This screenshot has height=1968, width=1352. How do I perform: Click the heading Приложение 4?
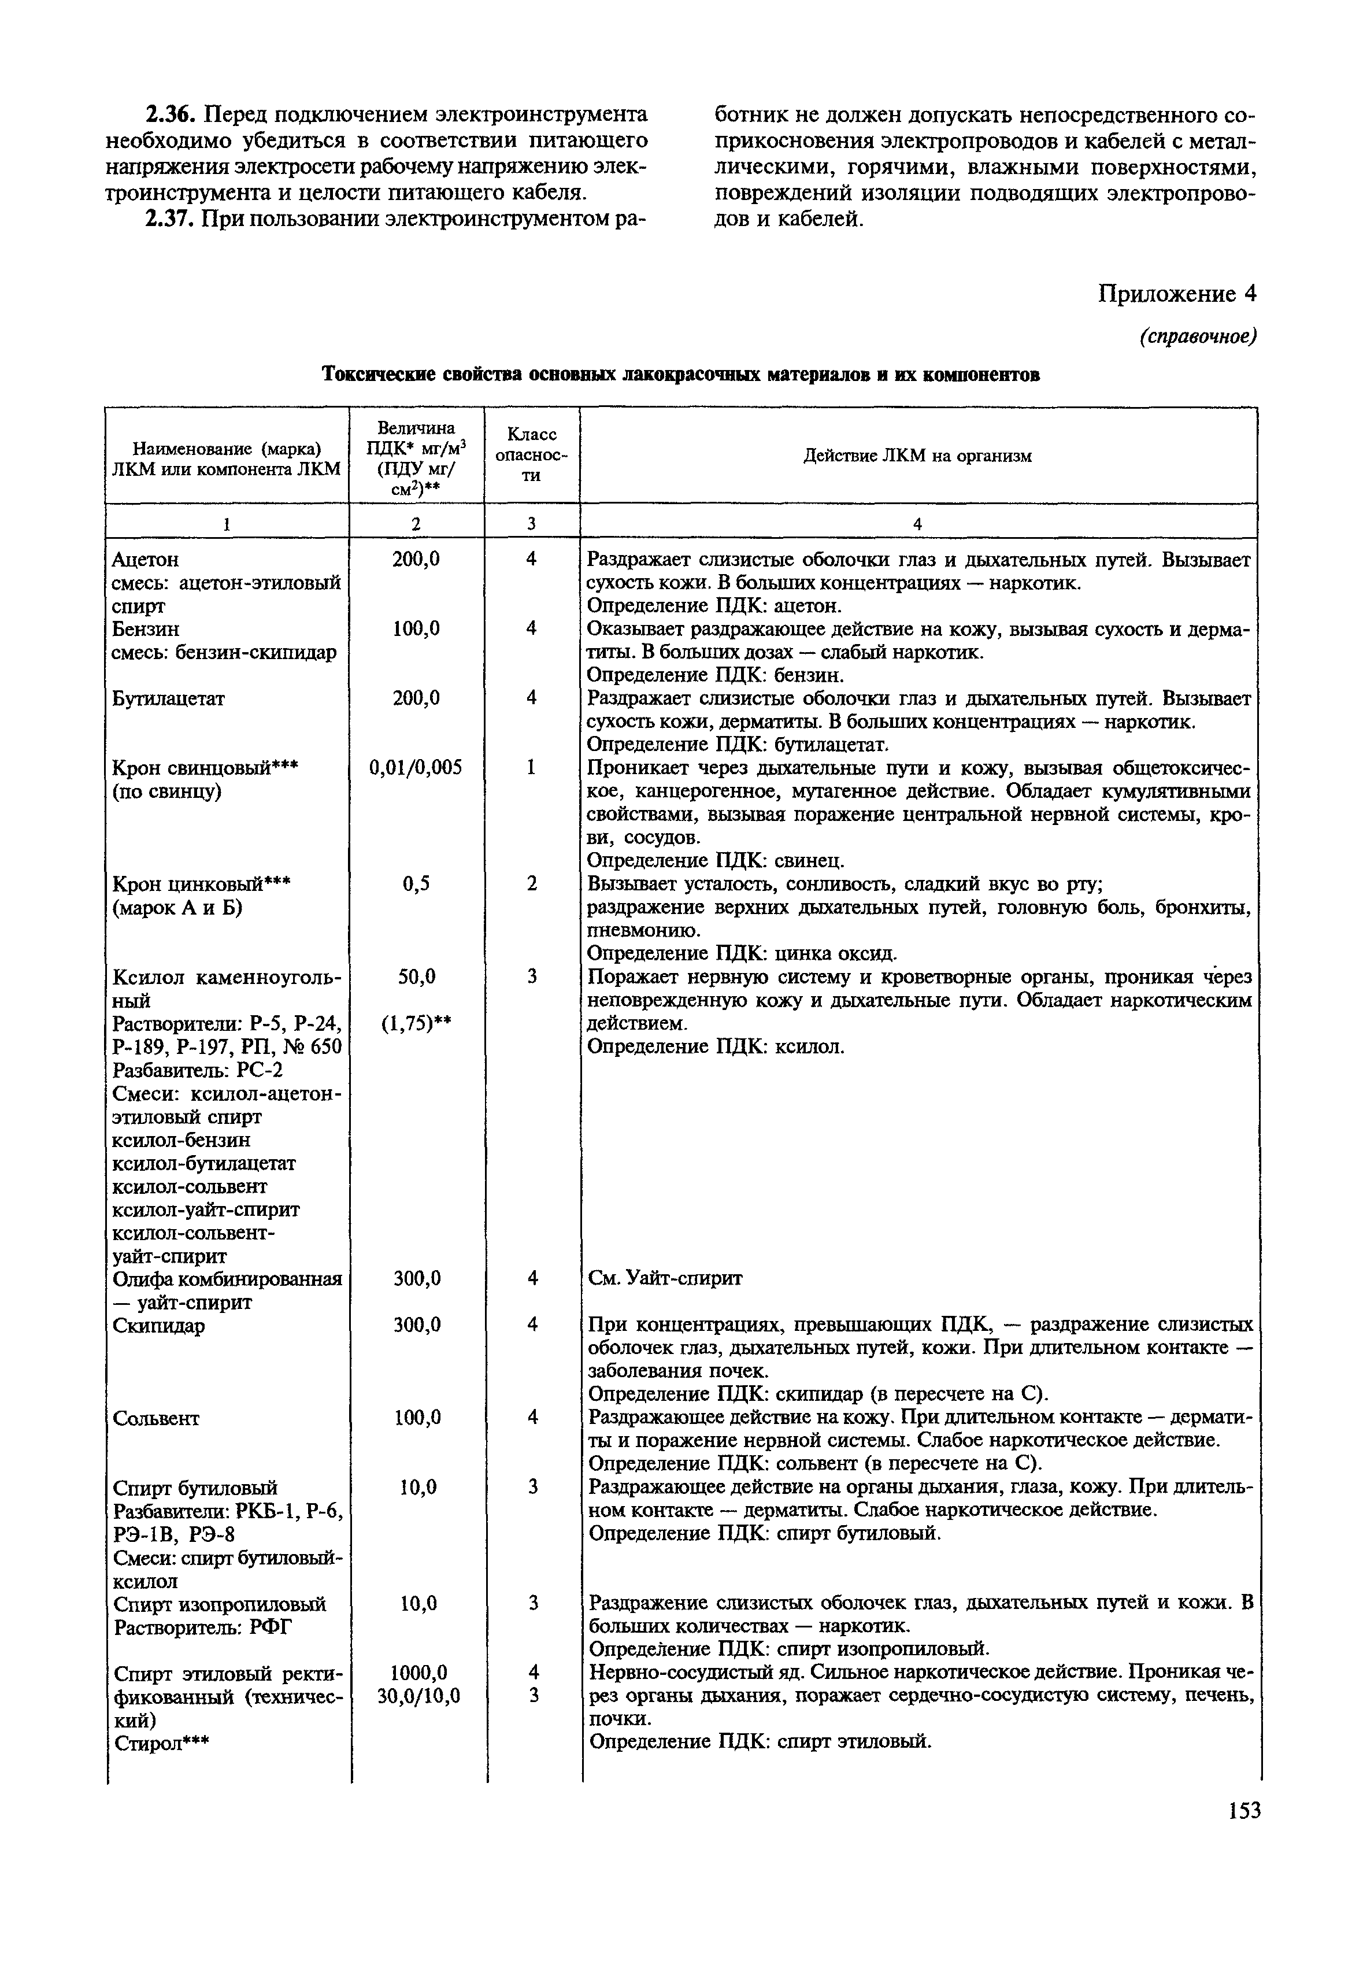[1177, 293]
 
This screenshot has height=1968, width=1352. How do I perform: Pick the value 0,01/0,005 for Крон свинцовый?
[416, 768]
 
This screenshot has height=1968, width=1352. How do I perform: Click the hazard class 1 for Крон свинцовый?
[531, 768]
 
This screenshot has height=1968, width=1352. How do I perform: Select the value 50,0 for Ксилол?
[417, 977]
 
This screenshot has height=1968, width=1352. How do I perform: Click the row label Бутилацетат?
[169, 699]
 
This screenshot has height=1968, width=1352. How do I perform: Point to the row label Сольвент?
[156, 1418]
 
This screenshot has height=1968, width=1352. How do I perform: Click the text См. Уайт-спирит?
[665, 1278]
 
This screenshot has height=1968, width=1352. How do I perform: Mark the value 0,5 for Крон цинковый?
[416, 883]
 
